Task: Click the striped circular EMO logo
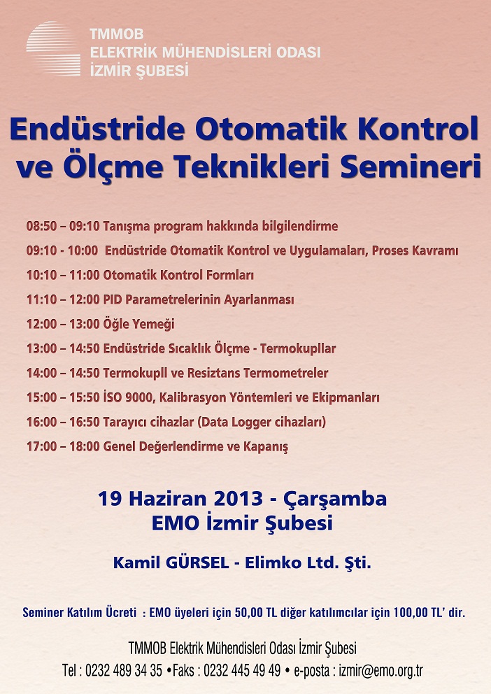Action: (53, 49)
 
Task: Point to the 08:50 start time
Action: (41, 226)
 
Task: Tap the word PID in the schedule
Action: (113, 299)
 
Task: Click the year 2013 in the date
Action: (239, 499)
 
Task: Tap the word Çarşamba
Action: (335, 500)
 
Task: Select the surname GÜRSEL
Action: (197, 562)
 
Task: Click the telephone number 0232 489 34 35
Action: (124, 670)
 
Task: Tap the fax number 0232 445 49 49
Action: (242, 670)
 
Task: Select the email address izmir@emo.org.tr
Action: (381, 671)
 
